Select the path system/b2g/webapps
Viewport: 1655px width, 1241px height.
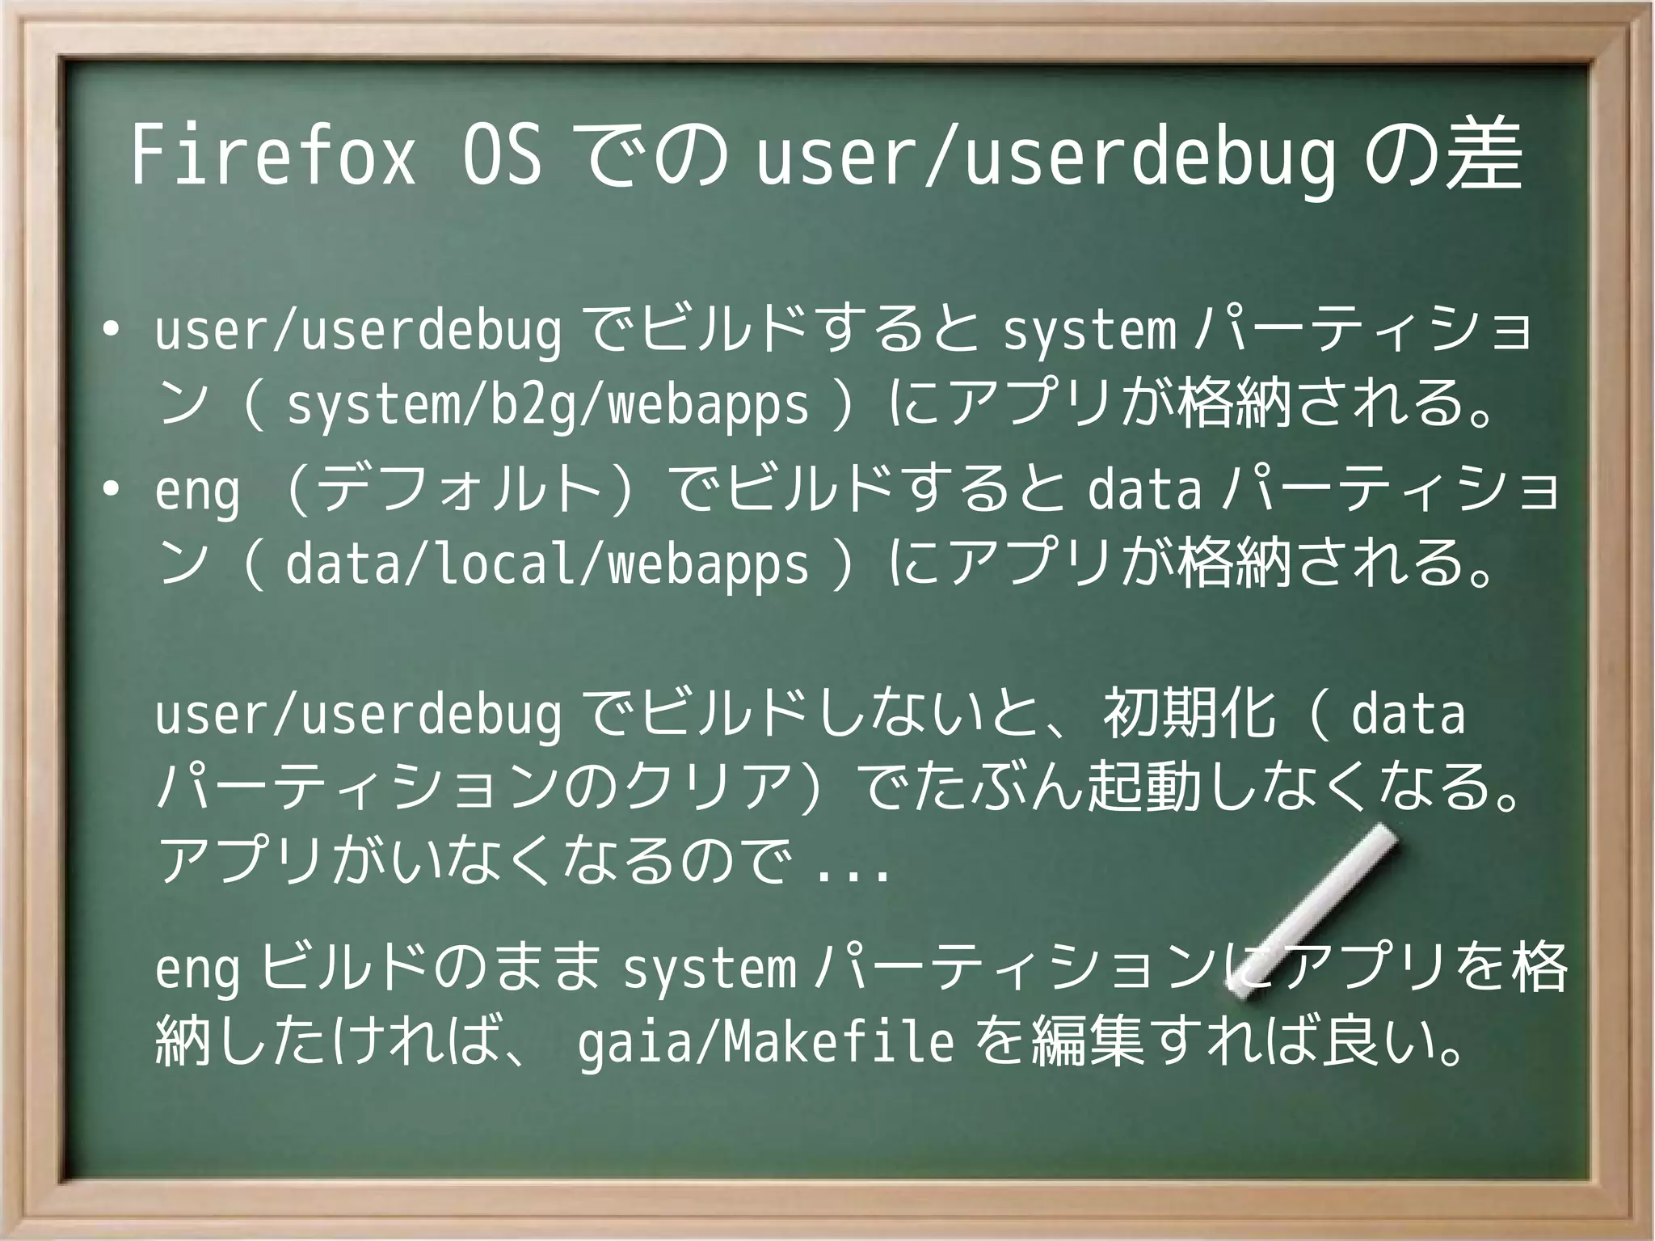tap(547, 405)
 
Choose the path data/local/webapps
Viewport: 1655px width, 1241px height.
tap(547, 564)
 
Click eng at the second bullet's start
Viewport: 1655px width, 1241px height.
tap(197, 491)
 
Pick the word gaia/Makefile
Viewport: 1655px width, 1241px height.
tap(765, 1043)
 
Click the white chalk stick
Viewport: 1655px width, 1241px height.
tap(1313, 910)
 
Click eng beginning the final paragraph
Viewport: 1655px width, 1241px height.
tap(197, 971)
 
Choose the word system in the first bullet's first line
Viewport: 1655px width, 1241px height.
tap(1089, 332)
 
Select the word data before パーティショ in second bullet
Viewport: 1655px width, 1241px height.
tap(1144, 491)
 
